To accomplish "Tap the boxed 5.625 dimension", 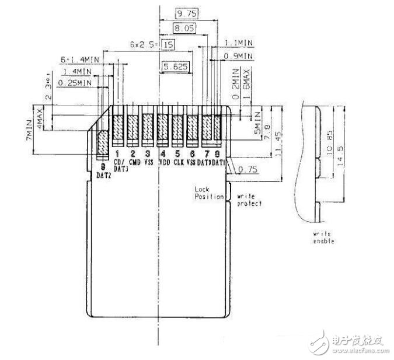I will pos(176,68).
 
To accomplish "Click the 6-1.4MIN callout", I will pos(79,60).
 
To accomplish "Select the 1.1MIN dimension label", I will pos(240,44).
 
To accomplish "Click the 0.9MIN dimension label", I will pos(240,56).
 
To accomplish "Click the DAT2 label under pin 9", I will pos(103,174).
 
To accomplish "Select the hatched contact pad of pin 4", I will pos(163,130).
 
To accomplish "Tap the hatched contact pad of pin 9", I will pos(102,145).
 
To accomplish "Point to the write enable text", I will pos(323,238).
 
